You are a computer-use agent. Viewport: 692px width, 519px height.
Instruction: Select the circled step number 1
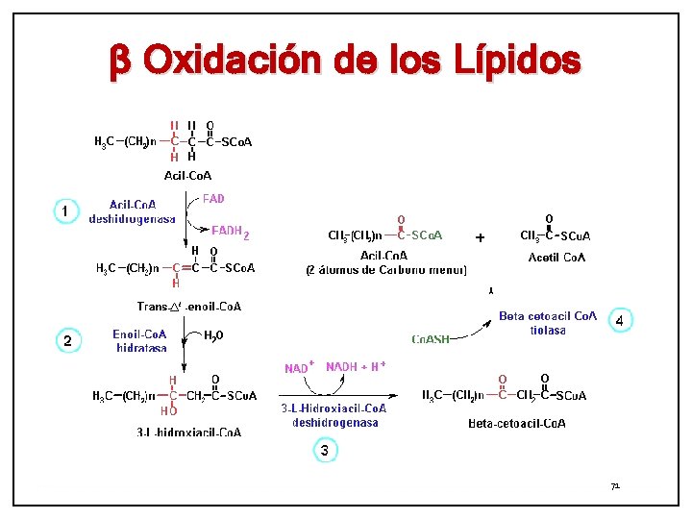coord(64,210)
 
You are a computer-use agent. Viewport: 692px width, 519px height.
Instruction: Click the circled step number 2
coord(67,340)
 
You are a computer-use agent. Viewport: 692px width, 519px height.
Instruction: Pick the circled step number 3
coord(325,450)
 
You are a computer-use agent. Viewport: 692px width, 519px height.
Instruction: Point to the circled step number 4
coord(621,320)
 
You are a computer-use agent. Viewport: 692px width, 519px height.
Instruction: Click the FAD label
coord(213,199)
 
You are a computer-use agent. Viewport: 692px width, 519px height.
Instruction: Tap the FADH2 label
coord(230,232)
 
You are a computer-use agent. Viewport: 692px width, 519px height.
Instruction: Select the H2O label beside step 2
coord(213,335)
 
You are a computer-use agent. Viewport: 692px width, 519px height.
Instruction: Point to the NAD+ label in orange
coord(299,368)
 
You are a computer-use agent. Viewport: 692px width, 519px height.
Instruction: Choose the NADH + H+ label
coord(356,366)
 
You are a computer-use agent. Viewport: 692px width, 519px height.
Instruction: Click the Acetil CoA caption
coord(557,258)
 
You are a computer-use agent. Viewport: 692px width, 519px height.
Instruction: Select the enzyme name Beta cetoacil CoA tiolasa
coord(547,323)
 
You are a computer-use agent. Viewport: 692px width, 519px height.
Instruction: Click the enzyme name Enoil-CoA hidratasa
coord(140,340)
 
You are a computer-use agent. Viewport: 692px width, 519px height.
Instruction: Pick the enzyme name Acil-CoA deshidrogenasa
coord(133,211)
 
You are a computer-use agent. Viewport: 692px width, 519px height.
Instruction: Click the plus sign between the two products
coord(480,236)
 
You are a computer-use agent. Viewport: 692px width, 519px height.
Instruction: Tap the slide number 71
coord(615,487)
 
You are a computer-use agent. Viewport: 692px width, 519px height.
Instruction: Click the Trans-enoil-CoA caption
coord(188,307)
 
